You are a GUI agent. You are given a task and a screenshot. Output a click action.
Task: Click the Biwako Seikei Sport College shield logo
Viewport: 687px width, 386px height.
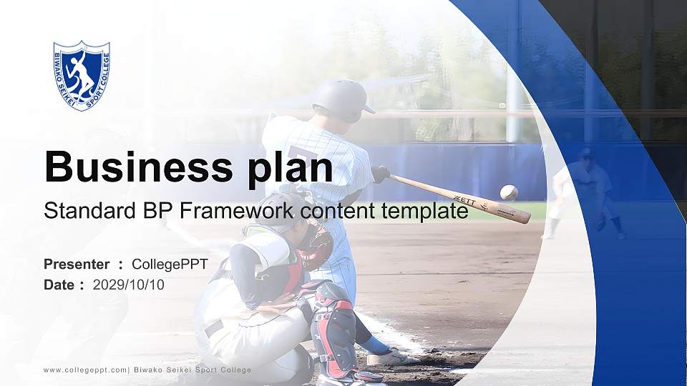pos(82,75)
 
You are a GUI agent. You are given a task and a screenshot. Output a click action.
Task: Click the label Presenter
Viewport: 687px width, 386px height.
pos(77,264)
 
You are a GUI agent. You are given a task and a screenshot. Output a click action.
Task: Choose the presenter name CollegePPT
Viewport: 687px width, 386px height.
pos(170,264)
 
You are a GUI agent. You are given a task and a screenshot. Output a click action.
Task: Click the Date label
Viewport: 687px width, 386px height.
pos(59,284)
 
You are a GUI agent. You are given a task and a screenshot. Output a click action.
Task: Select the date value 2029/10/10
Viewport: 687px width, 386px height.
pos(129,284)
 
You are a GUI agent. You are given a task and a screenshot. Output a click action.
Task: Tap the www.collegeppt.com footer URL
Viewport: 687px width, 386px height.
pos(85,370)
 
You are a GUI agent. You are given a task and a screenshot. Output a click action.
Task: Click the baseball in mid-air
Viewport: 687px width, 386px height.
pos(509,192)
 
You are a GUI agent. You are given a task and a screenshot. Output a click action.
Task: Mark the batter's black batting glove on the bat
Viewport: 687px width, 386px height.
pos(380,174)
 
